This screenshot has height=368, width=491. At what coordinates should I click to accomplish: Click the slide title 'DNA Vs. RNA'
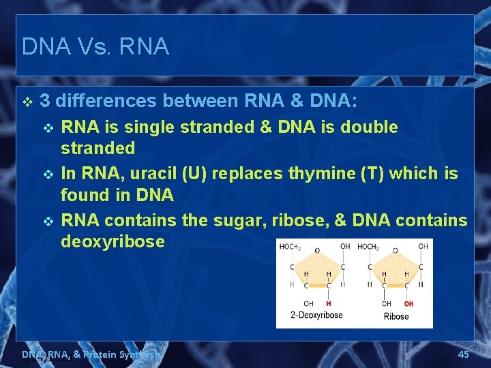point(95,46)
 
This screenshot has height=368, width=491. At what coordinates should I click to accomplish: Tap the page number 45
point(463,354)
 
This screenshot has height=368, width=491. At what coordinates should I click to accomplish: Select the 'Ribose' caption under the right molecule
point(396,316)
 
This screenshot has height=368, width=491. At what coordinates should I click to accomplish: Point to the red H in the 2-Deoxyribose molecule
point(329,303)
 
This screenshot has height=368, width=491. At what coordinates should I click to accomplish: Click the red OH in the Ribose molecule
point(408,303)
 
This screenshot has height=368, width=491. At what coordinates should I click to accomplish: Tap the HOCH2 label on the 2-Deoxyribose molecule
point(291,246)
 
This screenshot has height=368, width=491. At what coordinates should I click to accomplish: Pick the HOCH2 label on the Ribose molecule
point(368,246)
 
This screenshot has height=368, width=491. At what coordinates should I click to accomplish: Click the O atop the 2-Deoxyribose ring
point(316,250)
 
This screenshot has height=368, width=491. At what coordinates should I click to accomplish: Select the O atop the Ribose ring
point(395,250)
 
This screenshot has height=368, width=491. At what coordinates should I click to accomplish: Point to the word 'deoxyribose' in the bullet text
point(113,241)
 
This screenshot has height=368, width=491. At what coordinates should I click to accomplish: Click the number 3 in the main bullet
point(45,102)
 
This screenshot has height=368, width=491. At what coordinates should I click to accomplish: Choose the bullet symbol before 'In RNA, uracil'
point(47,174)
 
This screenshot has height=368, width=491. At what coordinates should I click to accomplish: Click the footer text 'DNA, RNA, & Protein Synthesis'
point(91,354)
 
